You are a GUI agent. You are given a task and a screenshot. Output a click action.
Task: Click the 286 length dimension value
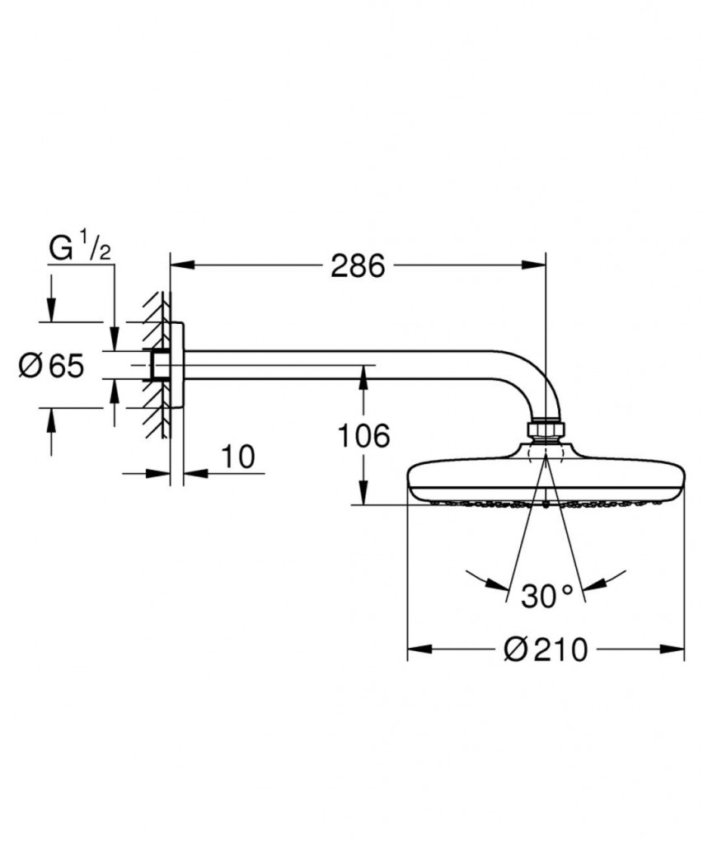[x=358, y=265]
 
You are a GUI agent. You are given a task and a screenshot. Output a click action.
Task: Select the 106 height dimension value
[x=363, y=436]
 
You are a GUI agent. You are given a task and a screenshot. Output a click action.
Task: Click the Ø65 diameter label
[x=51, y=365]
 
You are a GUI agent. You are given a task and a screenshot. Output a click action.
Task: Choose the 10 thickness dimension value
[x=239, y=456]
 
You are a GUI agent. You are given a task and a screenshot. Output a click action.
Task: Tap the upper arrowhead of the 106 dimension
[x=363, y=376]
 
